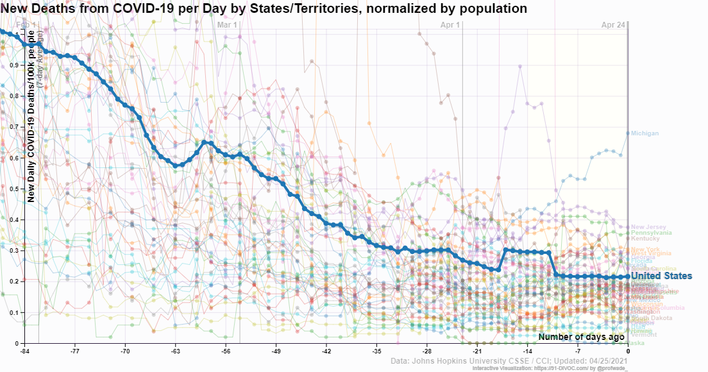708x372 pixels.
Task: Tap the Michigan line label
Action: (645, 133)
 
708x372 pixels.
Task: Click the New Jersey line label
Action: (648, 227)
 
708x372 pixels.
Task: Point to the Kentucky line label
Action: (645, 239)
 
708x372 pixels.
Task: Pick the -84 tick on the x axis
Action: (25, 351)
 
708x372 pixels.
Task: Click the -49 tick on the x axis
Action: (276, 351)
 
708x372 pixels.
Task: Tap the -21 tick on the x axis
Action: (477, 351)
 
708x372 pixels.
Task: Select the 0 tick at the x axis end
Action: (628, 351)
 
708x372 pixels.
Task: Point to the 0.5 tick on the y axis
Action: (17, 189)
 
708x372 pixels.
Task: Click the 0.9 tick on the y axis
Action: (17, 65)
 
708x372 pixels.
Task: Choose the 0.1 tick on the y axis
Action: (17, 313)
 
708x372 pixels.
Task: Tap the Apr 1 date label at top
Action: (450, 25)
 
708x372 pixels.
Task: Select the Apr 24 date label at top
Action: (613, 25)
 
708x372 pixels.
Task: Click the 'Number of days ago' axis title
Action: (581, 337)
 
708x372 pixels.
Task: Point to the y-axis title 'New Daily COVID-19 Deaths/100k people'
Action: (30, 115)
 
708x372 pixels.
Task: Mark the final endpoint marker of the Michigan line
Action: (628, 133)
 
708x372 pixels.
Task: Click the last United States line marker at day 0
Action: (628, 276)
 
